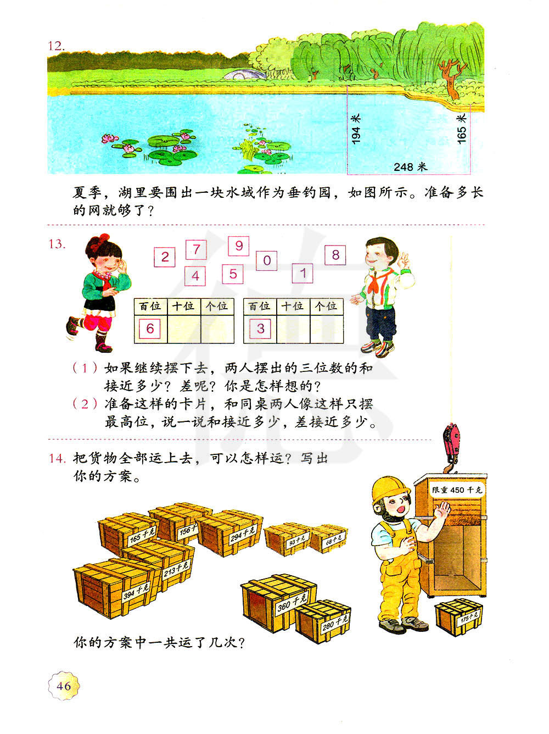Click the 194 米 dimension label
click(x=356, y=129)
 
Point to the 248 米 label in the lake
click(x=410, y=166)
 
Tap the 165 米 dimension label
click(x=462, y=129)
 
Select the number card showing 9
click(x=239, y=246)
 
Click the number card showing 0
click(x=267, y=260)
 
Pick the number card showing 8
click(x=335, y=255)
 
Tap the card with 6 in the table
click(x=150, y=329)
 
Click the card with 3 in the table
click(x=260, y=329)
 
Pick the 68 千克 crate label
click(x=333, y=539)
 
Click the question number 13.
click(x=57, y=244)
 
